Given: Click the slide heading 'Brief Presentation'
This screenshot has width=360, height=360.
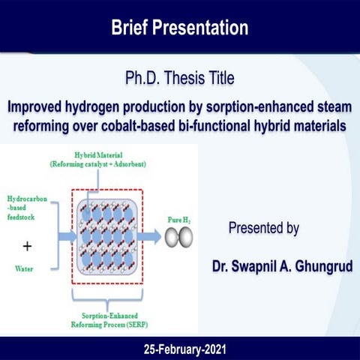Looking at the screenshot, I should (x=179, y=28).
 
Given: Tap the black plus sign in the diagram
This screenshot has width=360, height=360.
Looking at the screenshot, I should (x=28, y=246).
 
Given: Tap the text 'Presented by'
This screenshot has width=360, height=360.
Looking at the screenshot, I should (x=263, y=229).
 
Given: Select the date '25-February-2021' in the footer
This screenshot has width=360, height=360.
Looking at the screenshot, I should (x=179, y=349).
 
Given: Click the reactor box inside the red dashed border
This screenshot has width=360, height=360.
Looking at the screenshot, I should (x=107, y=238).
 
